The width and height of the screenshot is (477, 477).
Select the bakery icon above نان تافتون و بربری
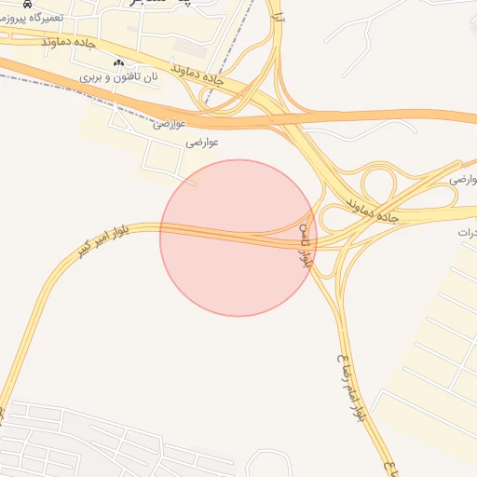click(x=118, y=62)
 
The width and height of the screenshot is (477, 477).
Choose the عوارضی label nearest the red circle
click(x=202, y=143)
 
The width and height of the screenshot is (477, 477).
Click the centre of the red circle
click(x=238, y=238)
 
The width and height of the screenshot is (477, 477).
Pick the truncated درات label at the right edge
click(x=467, y=231)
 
